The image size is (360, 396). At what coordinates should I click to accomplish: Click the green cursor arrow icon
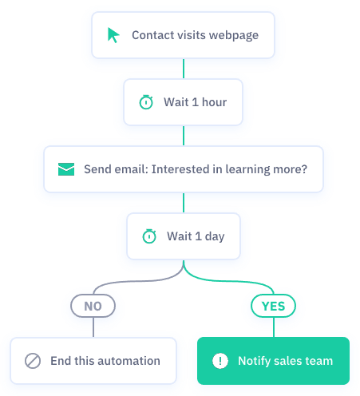[113, 35]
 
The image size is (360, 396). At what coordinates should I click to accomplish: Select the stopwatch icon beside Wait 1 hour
[146, 102]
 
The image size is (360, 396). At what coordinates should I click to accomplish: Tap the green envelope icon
[66, 169]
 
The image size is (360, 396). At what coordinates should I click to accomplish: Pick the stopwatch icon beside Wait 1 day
[149, 236]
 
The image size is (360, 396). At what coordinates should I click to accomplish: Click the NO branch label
[93, 306]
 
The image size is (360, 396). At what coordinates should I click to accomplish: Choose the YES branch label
[273, 306]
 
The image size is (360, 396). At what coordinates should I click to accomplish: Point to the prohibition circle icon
[33, 361]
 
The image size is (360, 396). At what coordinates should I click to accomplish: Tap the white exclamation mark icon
[220, 361]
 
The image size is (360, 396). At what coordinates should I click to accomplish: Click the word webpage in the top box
[234, 35]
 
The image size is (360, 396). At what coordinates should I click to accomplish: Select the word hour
[215, 102]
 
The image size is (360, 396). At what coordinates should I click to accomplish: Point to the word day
[215, 236]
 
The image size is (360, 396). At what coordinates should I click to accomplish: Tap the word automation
[129, 361]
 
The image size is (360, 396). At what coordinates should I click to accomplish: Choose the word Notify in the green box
[254, 361]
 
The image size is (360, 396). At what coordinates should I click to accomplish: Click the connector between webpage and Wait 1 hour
[184, 69]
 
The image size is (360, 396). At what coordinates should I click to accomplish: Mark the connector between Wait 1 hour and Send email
[184, 136]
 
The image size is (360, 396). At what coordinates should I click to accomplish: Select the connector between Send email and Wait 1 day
[184, 203]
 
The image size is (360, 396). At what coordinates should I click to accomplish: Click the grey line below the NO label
[93, 327]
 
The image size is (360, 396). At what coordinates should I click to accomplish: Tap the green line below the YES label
[274, 327]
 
